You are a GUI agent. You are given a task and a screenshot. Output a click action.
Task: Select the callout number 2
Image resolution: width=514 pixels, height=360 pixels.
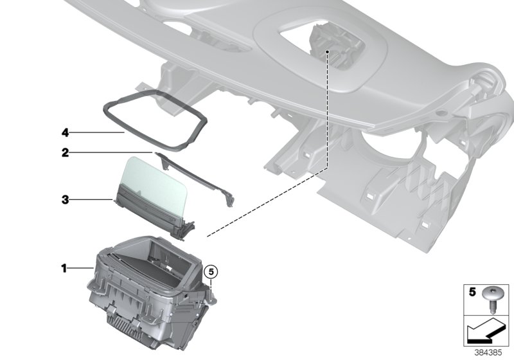(x=64, y=153)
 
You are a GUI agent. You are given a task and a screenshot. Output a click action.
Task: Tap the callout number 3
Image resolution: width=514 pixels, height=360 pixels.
(x=64, y=200)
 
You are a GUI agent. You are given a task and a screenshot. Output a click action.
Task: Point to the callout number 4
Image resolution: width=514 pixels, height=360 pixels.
(x=64, y=132)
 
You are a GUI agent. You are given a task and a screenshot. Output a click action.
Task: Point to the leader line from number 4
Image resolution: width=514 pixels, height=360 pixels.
(x=96, y=132)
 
